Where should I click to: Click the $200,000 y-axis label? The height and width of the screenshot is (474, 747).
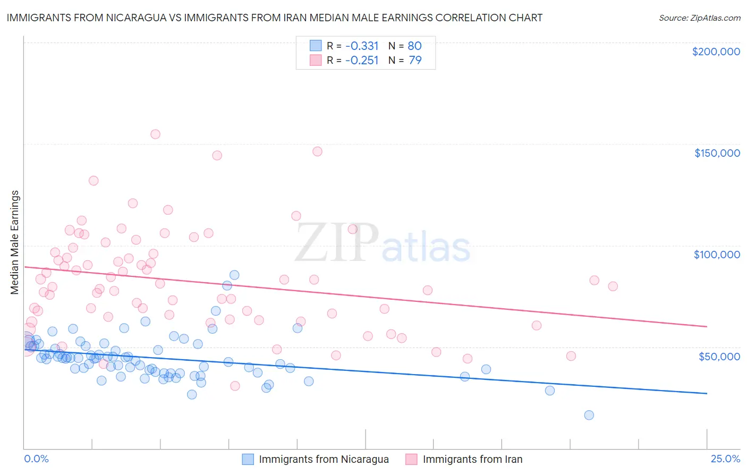716,52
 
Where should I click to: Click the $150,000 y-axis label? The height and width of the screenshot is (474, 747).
717,153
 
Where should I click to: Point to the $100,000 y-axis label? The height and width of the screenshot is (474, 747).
717,255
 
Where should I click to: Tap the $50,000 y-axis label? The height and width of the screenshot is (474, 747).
719,356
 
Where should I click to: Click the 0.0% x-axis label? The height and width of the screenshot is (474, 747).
36,459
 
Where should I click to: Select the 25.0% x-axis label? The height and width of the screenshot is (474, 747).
725,459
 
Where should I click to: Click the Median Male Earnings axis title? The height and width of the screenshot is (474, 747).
15,242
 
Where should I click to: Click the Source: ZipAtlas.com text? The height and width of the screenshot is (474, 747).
699,18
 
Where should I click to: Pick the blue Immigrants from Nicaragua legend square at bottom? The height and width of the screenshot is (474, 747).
248,459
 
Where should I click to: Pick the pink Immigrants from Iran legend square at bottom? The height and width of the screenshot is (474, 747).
411,459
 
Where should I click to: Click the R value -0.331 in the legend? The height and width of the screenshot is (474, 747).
361,46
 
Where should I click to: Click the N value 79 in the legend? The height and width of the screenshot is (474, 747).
415,61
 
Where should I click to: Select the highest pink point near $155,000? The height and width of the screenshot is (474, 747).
155,134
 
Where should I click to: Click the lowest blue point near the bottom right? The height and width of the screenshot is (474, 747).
589,415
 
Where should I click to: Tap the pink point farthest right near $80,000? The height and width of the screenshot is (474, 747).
613,286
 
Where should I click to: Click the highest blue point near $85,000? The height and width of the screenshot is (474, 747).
234,275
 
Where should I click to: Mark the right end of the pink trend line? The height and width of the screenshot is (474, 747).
707,326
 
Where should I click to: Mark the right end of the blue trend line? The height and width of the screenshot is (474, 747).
707,393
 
